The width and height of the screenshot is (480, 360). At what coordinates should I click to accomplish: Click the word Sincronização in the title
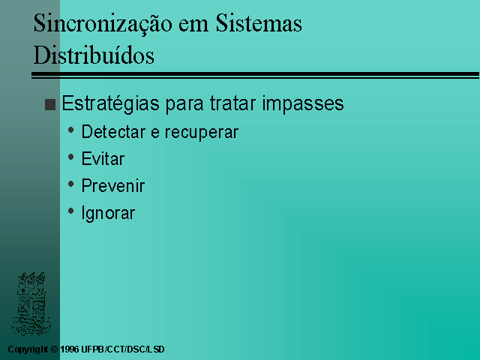(103, 24)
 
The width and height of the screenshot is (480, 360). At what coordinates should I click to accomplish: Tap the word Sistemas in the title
(259, 23)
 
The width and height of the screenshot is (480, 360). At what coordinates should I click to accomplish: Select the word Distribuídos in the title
(94, 55)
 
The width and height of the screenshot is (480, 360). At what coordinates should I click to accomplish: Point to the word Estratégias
(110, 103)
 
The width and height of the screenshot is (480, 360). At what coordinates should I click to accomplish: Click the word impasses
(303, 104)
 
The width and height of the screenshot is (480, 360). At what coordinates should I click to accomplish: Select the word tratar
(232, 103)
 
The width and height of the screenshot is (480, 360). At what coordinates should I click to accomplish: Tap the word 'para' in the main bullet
(184, 106)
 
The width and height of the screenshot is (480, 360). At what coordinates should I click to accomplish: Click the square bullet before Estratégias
(50, 104)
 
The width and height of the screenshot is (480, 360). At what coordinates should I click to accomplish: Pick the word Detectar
(113, 132)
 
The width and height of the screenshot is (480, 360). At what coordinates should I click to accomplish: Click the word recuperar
(202, 133)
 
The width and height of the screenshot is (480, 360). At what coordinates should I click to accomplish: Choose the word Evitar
(103, 159)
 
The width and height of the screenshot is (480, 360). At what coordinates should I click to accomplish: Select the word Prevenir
(113, 186)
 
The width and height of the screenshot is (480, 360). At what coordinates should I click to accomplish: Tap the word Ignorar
(108, 213)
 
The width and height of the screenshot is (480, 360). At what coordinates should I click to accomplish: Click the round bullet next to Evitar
(71, 157)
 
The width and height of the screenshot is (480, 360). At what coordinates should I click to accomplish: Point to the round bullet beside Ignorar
(71, 211)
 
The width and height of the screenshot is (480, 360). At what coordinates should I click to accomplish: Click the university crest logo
(31, 303)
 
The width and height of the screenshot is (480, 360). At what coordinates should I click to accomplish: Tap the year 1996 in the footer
(70, 349)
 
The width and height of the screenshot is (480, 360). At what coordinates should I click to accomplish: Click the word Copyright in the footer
(28, 349)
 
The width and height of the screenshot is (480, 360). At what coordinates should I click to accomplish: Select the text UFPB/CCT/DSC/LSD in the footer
(123, 349)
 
